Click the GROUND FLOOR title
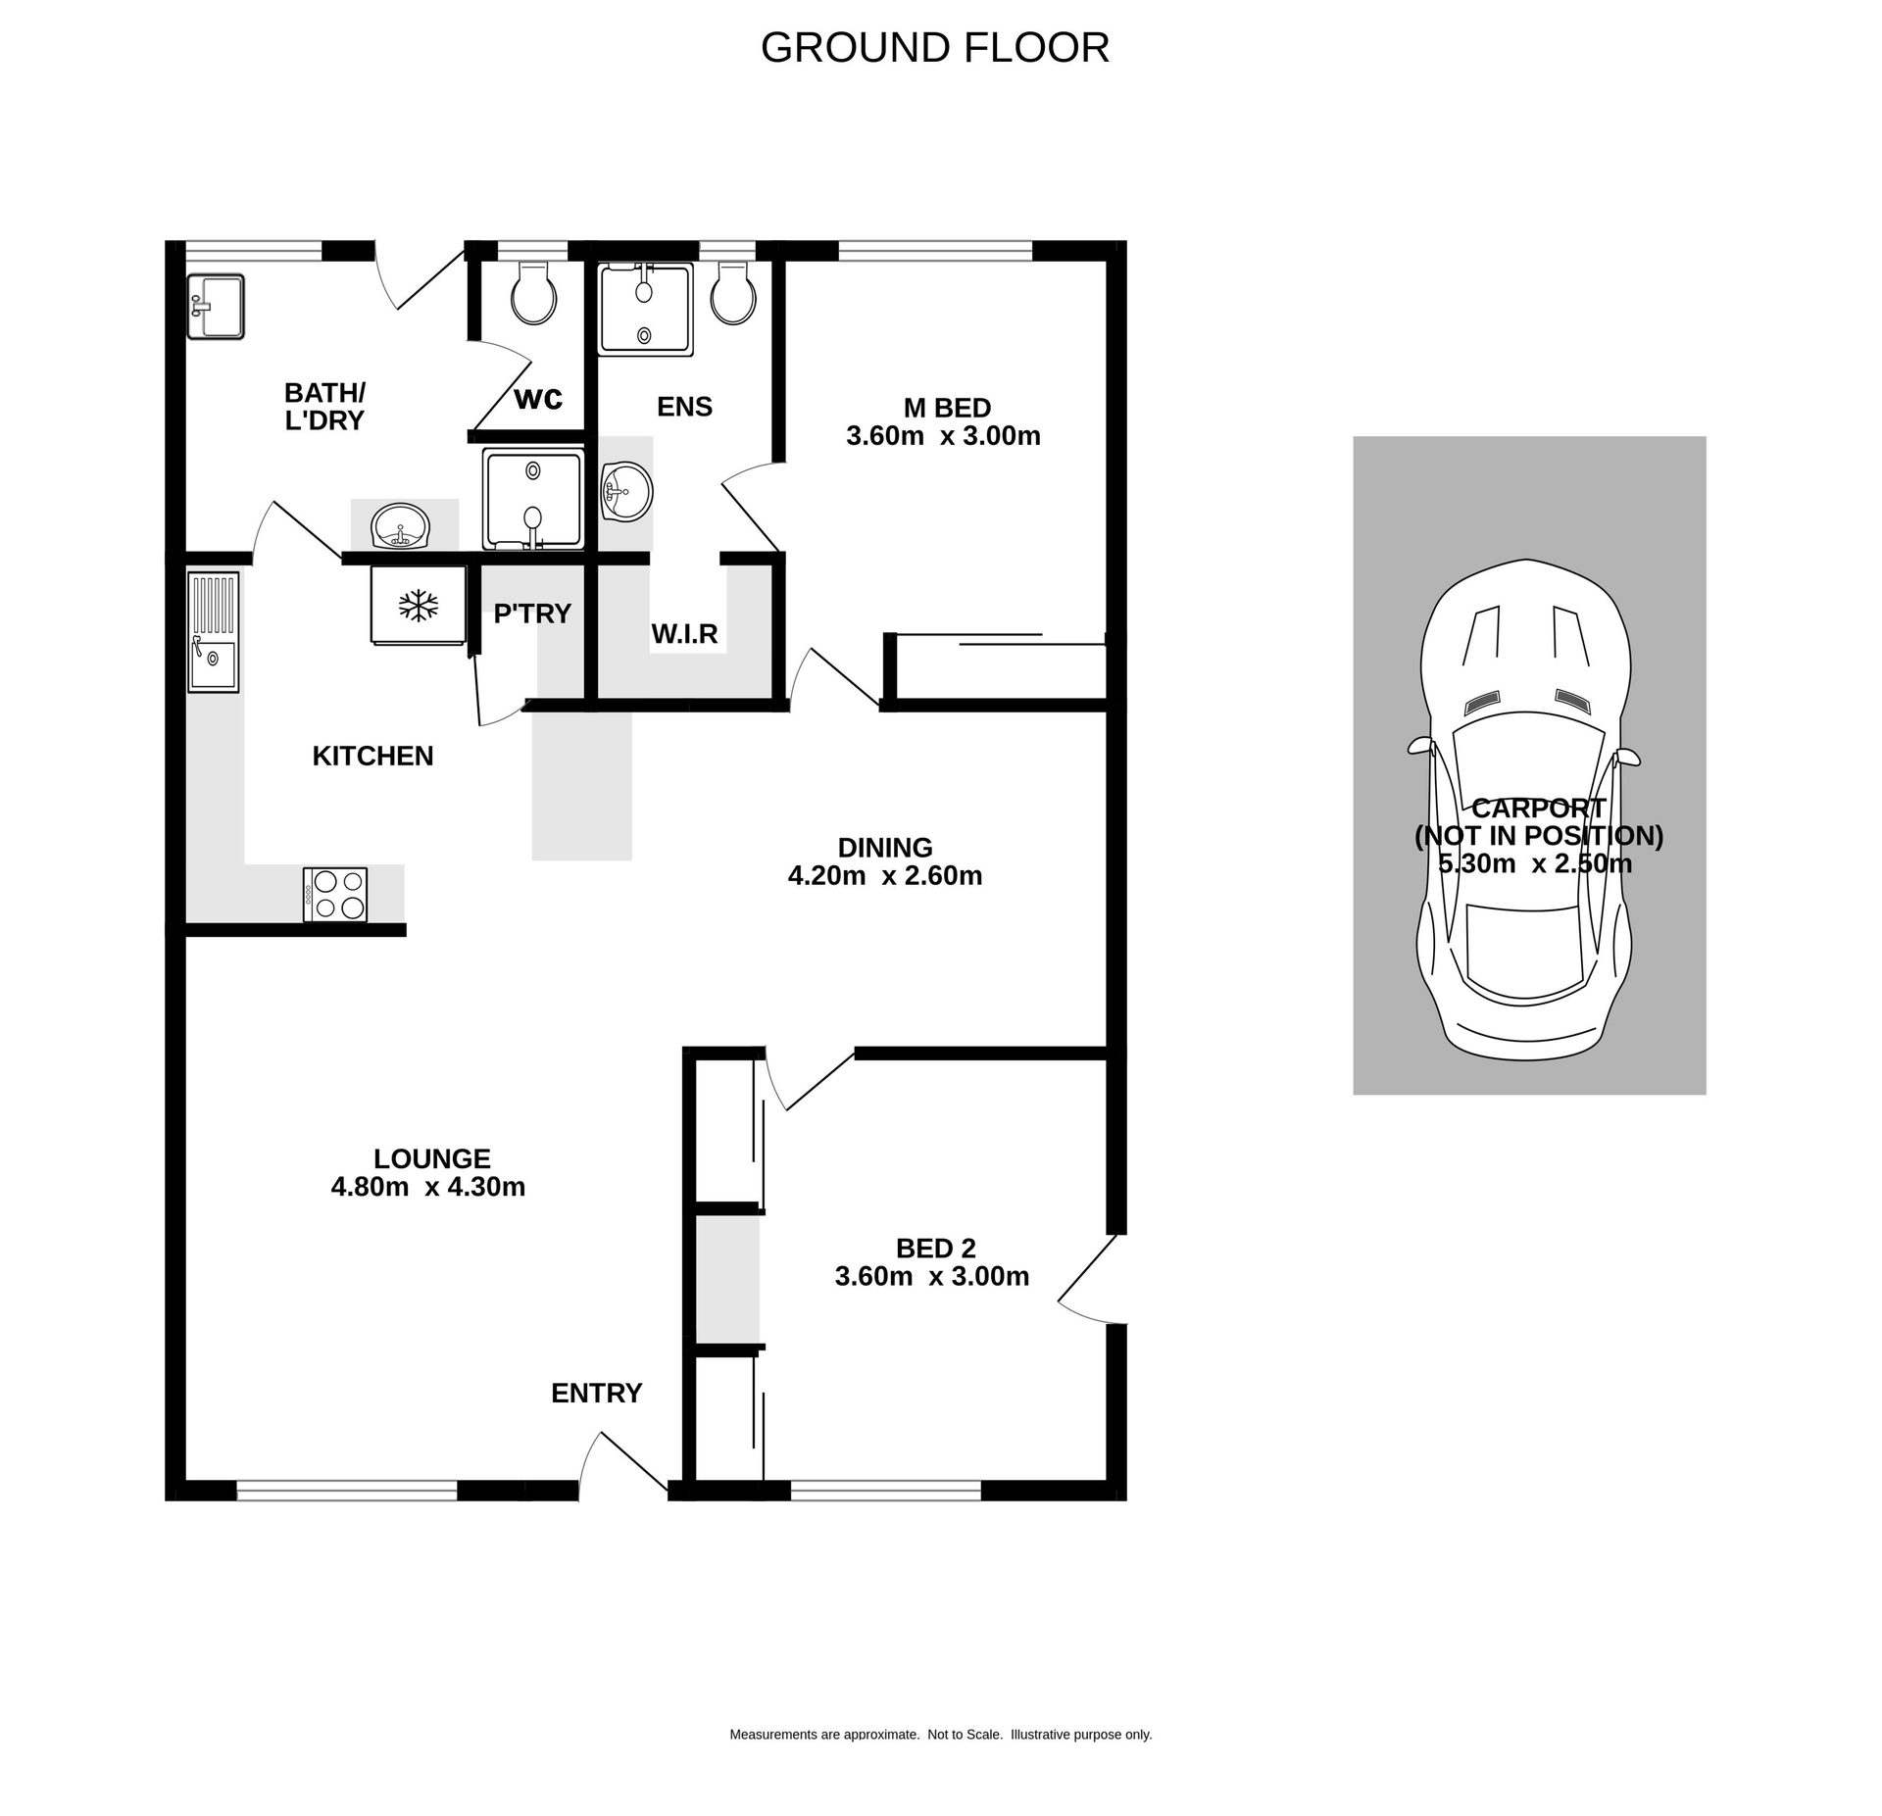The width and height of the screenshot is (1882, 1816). click(x=934, y=48)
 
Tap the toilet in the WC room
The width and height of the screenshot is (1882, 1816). click(x=534, y=294)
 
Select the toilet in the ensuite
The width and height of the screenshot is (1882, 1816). click(x=732, y=294)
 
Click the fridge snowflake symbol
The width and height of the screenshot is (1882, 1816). click(x=418, y=606)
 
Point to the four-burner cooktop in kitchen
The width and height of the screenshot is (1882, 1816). click(x=335, y=894)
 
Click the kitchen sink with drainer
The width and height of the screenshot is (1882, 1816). click(x=213, y=632)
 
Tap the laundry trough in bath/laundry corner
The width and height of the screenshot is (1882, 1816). click(x=216, y=307)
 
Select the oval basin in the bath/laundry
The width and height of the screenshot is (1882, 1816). click(x=400, y=527)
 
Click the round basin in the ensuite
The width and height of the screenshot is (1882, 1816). click(x=625, y=492)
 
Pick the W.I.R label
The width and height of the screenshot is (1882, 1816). click(x=684, y=634)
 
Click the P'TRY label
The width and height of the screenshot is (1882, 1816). click(x=532, y=614)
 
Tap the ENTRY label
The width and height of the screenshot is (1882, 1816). click(x=596, y=1393)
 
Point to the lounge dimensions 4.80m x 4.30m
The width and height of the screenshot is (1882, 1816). click(x=428, y=1187)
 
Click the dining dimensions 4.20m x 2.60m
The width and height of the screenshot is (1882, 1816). click(x=884, y=875)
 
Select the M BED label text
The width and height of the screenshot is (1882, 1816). click(x=947, y=408)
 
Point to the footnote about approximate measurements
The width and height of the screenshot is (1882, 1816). click(x=940, y=1735)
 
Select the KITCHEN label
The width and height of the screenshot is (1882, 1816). click(x=372, y=756)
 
